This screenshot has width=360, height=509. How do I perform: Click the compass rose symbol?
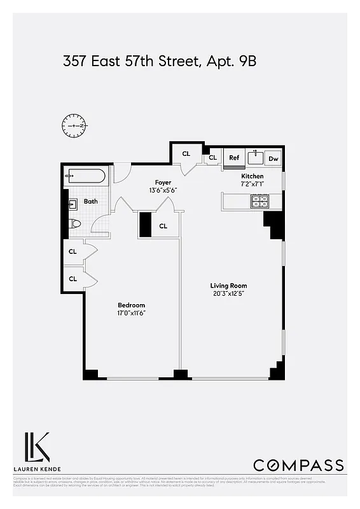pos(75,125)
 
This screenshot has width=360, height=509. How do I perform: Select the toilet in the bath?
pos(75,223)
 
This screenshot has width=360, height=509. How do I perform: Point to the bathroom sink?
pos(74,204)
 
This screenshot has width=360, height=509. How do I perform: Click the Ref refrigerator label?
pos(233,158)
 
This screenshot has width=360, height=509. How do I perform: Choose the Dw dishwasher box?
pos(273,158)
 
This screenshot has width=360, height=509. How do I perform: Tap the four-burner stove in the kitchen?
pos(259,202)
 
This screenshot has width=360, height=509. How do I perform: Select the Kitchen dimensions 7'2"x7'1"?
pos(252,184)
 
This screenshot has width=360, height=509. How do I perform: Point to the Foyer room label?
pos(163,183)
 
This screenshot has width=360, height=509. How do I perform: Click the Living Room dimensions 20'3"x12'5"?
pos(229,294)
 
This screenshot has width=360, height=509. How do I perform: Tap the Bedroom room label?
pos(131,305)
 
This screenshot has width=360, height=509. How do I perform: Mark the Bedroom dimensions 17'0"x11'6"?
pos(131,313)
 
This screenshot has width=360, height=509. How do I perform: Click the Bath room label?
pos(91,202)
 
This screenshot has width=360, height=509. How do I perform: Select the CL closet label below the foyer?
pos(163,226)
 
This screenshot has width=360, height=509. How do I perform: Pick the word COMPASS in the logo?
pos(298,465)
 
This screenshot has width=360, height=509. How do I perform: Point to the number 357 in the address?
pos(76,62)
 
